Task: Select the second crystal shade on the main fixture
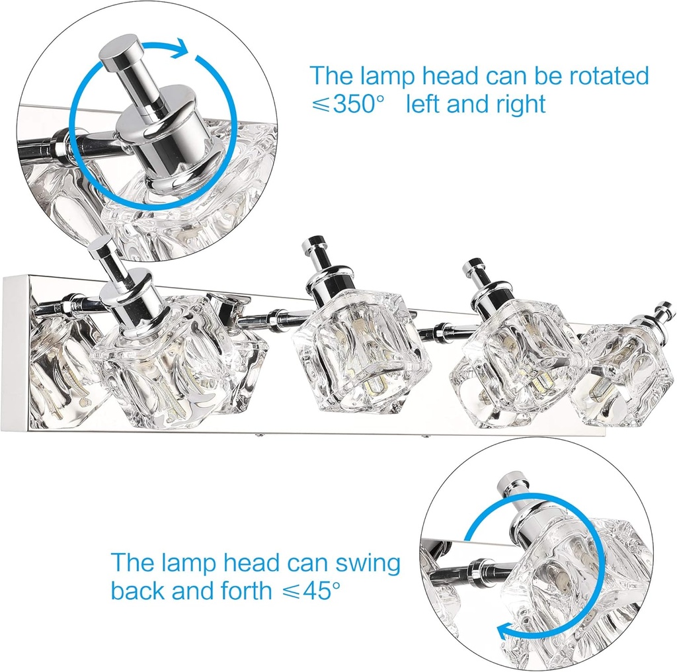pyautogui.click(x=360, y=360)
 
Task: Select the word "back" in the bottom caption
pyautogui.click(x=138, y=590)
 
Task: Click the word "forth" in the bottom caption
pyautogui.click(x=245, y=590)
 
